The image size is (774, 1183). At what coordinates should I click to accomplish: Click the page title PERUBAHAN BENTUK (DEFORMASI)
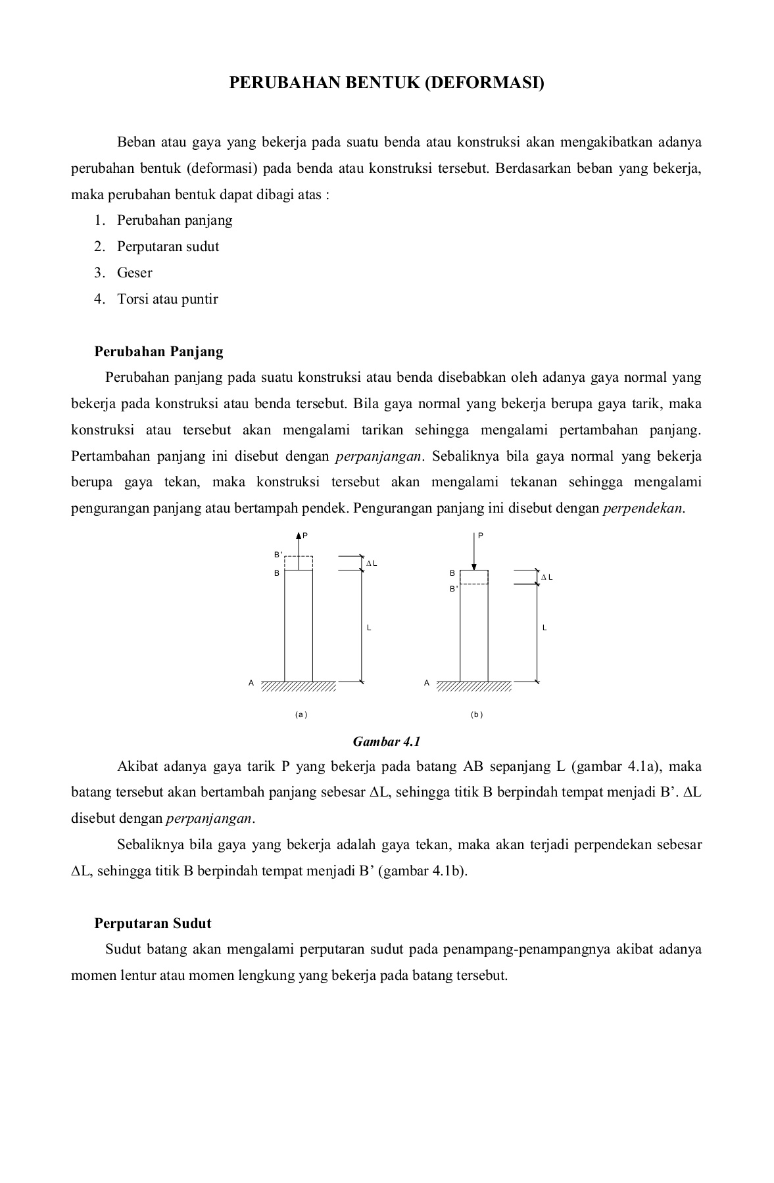pyautogui.click(x=387, y=83)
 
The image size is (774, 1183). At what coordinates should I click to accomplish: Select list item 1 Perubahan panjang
pyautogui.click(x=174, y=220)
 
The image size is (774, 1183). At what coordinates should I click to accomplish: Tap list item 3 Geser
pyautogui.click(x=134, y=273)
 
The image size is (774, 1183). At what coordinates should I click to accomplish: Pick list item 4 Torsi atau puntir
pyautogui.click(x=167, y=299)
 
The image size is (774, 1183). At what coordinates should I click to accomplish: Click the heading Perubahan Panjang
pyautogui.click(x=158, y=352)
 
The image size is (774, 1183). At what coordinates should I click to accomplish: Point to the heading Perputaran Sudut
pyautogui.click(x=153, y=923)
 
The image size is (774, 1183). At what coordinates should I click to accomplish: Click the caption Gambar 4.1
pyautogui.click(x=387, y=741)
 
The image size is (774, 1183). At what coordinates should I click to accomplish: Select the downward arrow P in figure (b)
pyautogui.click(x=473, y=552)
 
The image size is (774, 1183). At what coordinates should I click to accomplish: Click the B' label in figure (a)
pyautogui.click(x=278, y=555)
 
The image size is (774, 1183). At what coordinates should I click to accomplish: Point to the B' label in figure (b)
pyautogui.click(x=453, y=589)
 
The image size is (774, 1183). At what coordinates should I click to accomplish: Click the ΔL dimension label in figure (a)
pyautogui.click(x=372, y=564)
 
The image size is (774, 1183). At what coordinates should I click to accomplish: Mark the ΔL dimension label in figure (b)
pyautogui.click(x=547, y=577)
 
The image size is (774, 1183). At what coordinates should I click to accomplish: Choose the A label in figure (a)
pyautogui.click(x=251, y=683)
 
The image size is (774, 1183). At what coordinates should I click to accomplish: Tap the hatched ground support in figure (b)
pyautogui.click(x=473, y=687)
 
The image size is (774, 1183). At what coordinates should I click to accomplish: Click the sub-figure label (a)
pyautogui.click(x=301, y=714)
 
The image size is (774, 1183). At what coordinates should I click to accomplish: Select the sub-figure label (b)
pyautogui.click(x=477, y=714)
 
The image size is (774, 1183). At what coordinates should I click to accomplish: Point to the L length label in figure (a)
pyautogui.click(x=369, y=628)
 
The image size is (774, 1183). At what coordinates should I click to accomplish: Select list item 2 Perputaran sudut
pyautogui.click(x=168, y=246)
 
